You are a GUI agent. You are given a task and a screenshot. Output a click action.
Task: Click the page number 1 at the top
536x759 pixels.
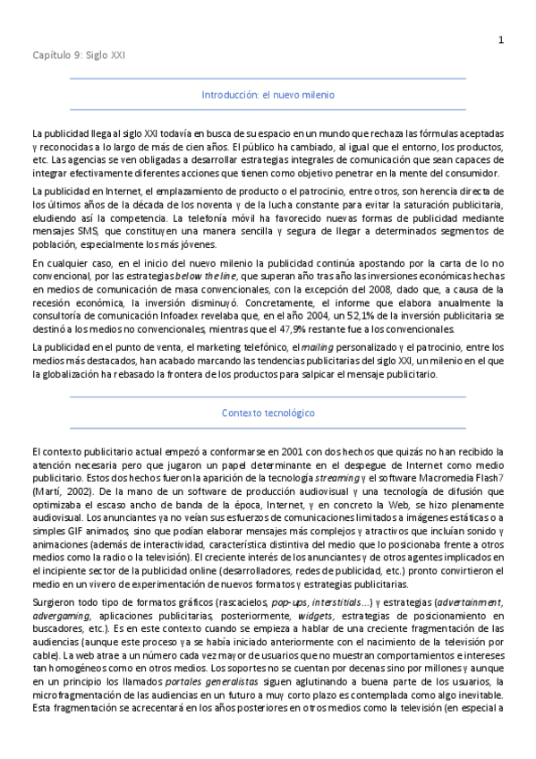tap(501, 39)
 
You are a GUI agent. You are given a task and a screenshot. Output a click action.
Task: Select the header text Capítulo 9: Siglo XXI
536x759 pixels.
tap(79, 55)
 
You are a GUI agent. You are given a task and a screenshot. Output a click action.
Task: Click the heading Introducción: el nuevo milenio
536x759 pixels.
tap(268, 94)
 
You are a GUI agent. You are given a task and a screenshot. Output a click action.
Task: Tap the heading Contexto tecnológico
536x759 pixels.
tap(268, 413)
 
